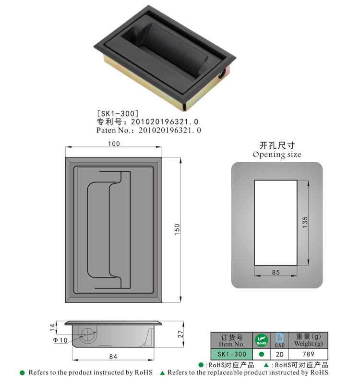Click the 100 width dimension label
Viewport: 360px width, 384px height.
pyautogui.click(x=114, y=144)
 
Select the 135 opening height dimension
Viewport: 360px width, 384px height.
pyautogui.click(x=306, y=222)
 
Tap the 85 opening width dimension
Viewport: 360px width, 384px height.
pyautogui.click(x=276, y=272)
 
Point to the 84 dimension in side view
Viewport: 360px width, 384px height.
pyautogui.click(x=114, y=356)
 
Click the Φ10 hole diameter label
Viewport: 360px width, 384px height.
pyautogui.click(x=61, y=340)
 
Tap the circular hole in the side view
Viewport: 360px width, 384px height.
pyautogui.click(x=88, y=335)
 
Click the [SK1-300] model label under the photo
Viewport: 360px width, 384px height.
pyautogui.click(x=118, y=113)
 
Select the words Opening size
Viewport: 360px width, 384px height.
pyautogui.click(x=277, y=155)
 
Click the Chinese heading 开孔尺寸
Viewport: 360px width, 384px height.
pyautogui.click(x=277, y=145)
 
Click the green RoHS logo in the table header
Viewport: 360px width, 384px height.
pyautogui.click(x=262, y=340)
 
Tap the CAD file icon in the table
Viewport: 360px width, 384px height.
pyautogui.click(x=279, y=340)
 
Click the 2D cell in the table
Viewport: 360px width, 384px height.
pyautogui.click(x=279, y=354)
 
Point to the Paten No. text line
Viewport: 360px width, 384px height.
pyautogui.click(x=148, y=130)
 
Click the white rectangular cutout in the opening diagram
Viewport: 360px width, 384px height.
pyautogui.click(x=276, y=222)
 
